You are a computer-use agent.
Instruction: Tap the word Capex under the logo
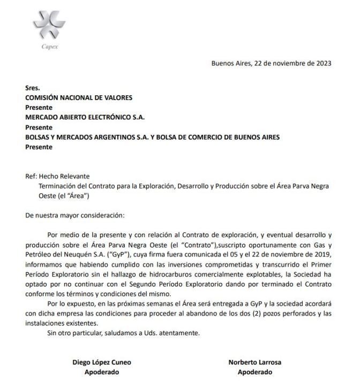tap(49, 46)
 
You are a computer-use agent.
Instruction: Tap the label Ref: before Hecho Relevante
tap(31, 176)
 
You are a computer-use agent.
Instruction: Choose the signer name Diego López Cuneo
tap(101, 362)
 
